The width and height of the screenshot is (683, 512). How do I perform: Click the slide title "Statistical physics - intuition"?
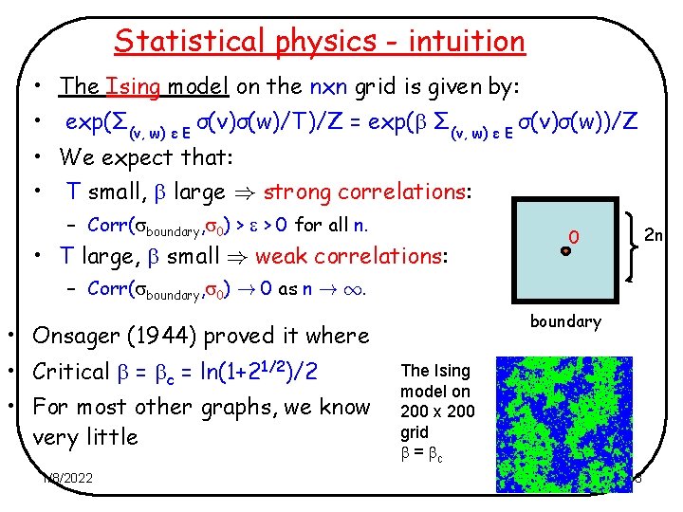pyautogui.click(x=319, y=42)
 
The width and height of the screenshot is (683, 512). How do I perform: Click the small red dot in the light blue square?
pyautogui.click(x=564, y=251)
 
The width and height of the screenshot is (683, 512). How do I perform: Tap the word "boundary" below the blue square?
pyautogui.click(x=565, y=321)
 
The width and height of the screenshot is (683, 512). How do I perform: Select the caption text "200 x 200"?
pyautogui.click(x=437, y=411)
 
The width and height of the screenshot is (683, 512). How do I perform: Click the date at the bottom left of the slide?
pyautogui.click(x=66, y=478)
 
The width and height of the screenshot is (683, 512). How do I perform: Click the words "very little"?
pyautogui.click(x=85, y=437)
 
